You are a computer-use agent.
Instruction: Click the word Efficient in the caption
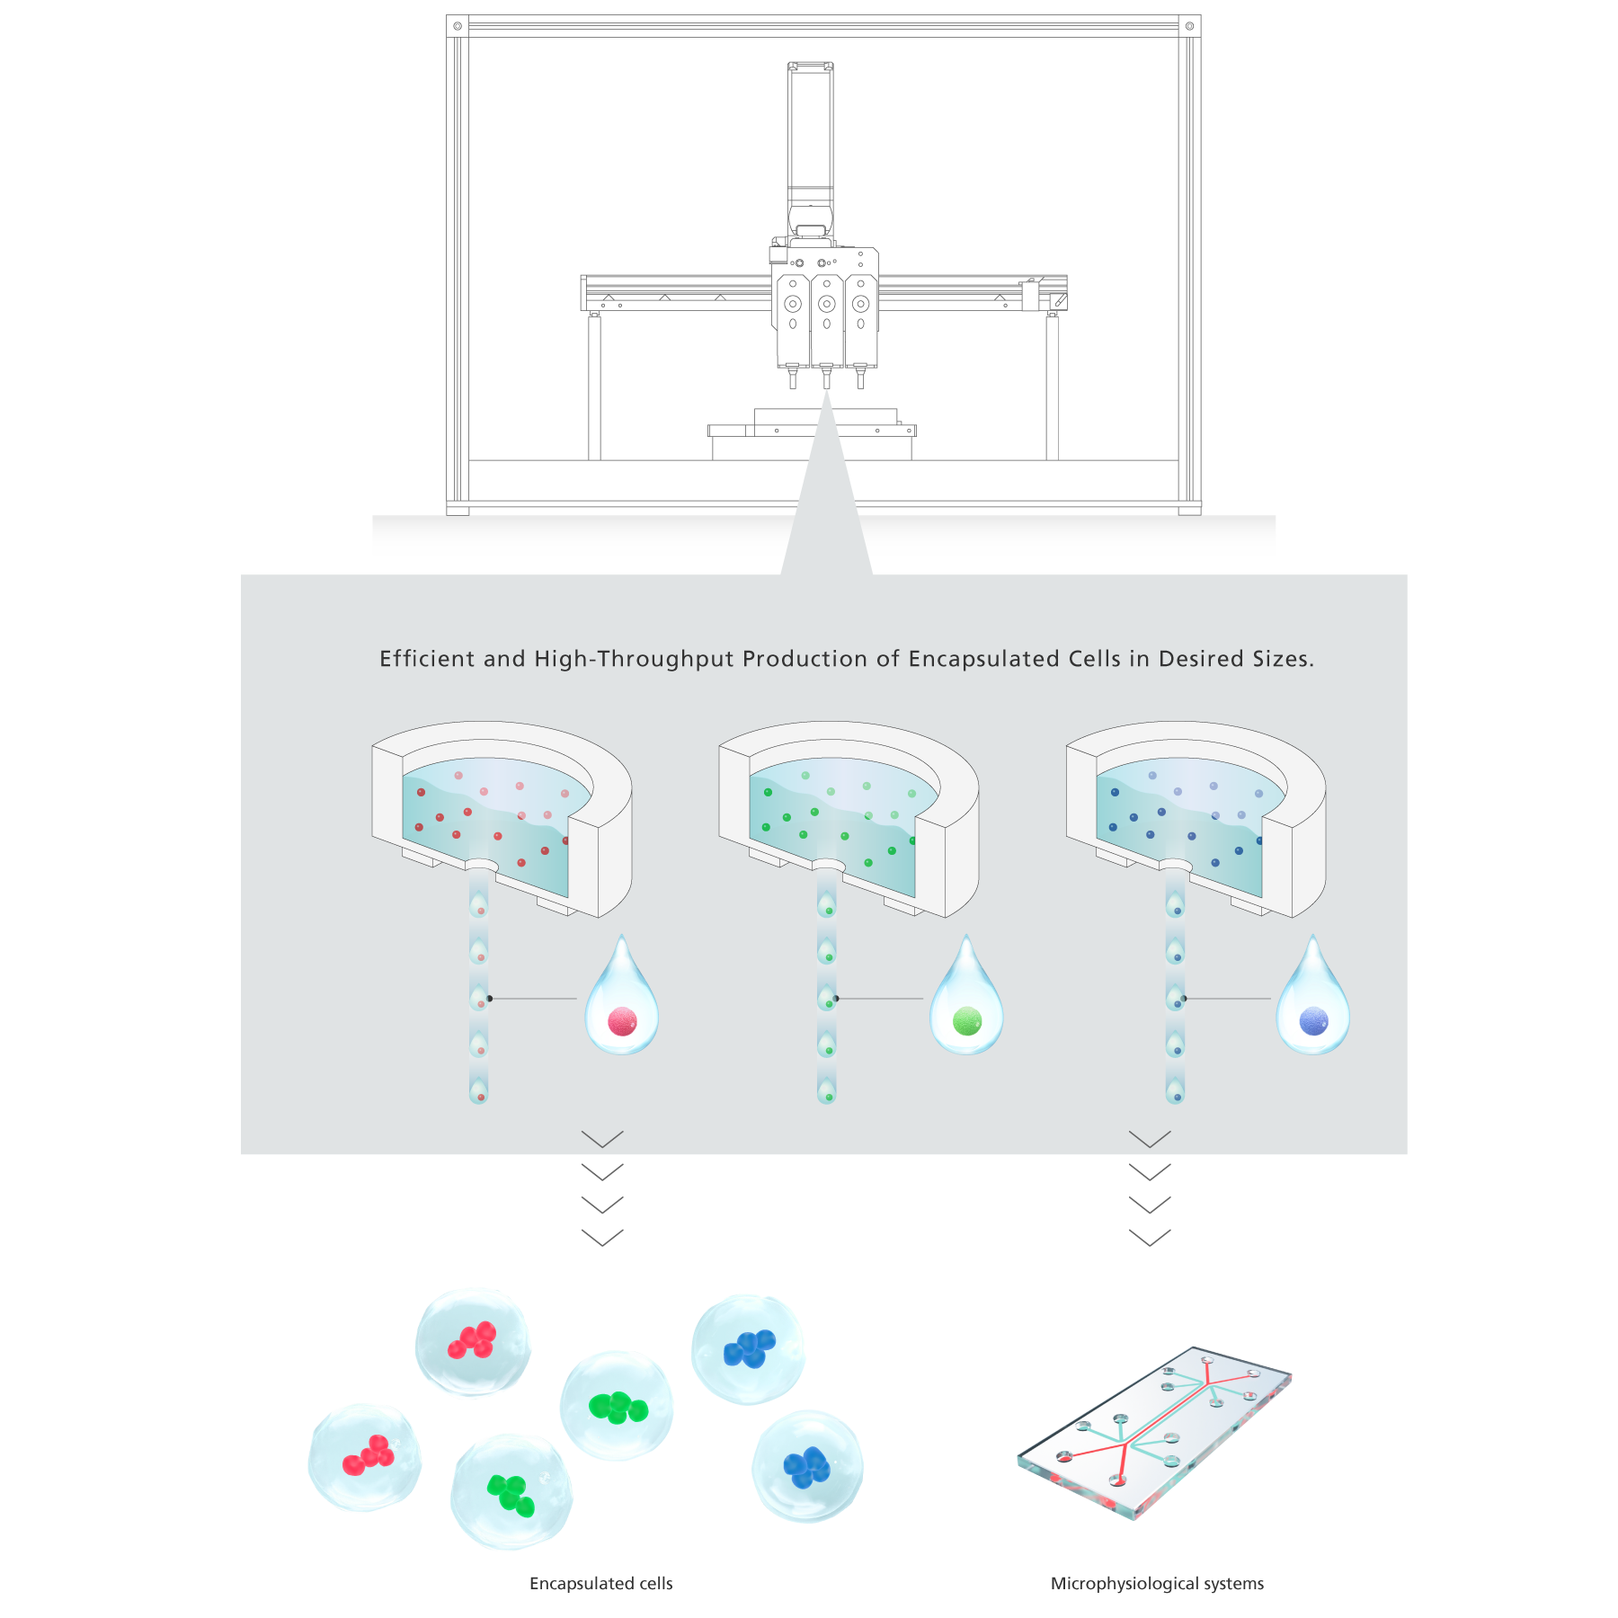[x=427, y=659]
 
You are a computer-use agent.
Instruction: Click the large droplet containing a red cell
[x=622, y=1000]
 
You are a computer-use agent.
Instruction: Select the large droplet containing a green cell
[x=966, y=1000]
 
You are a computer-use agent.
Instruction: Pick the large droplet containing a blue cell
[x=1313, y=1000]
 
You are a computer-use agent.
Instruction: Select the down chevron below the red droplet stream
[x=602, y=1139]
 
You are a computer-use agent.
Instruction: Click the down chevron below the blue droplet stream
[x=1150, y=1139]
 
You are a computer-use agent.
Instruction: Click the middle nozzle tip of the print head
[x=826, y=378]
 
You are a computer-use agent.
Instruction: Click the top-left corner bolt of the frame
[x=458, y=26]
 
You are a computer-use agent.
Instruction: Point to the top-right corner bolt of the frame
[x=1189, y=26]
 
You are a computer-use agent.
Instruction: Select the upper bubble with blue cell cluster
[x=749, y=1348]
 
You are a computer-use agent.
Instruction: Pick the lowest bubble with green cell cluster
[x=511, y=1493]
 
